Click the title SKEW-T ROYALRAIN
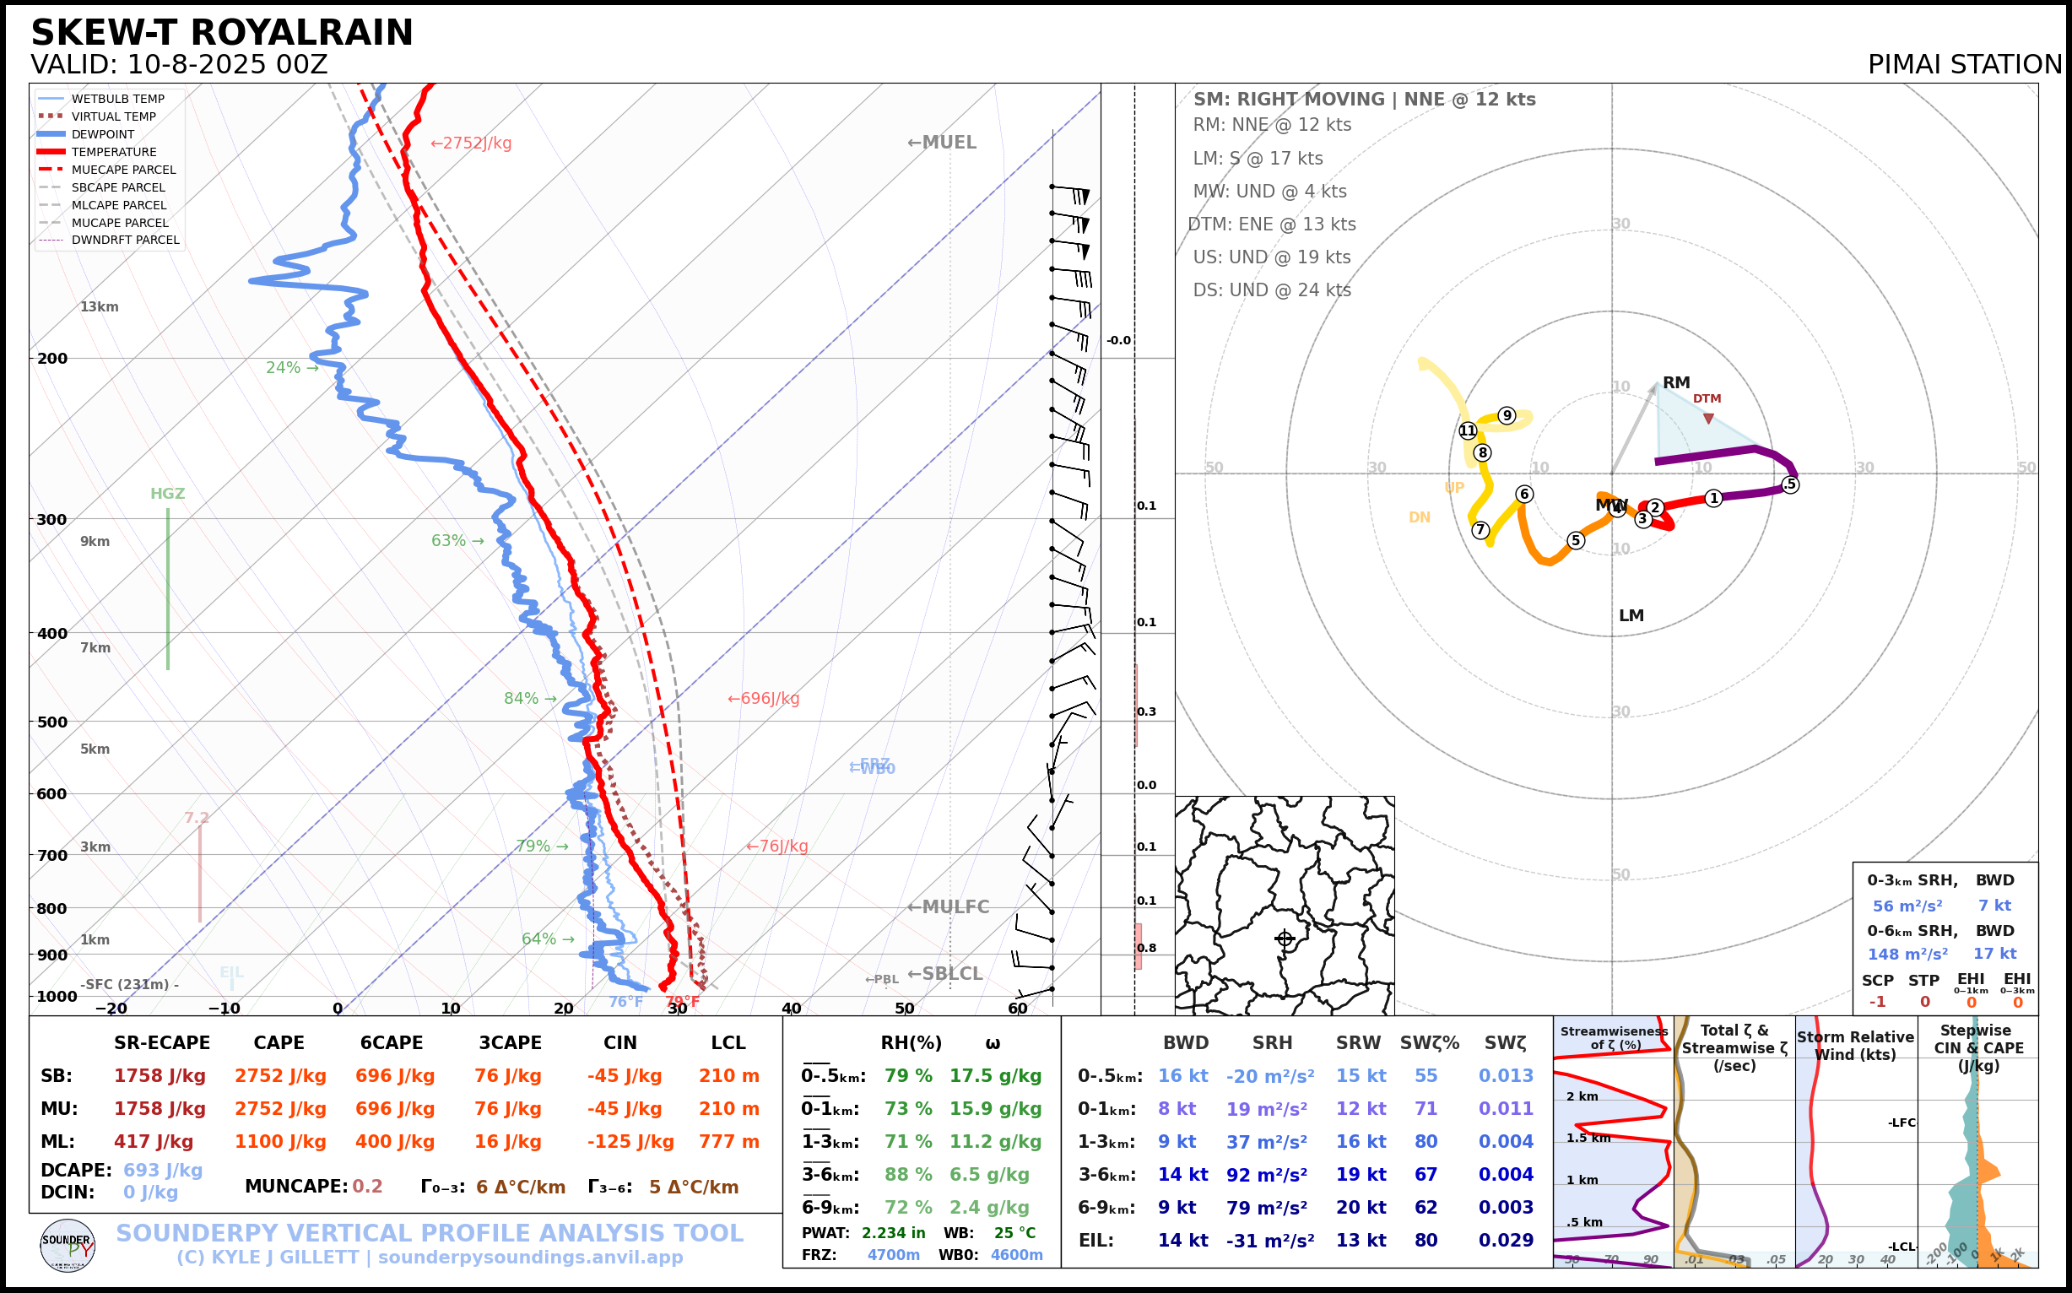pyautogui.click(x=221, y=34)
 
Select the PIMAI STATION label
pyautogui.click(x=1964, y=65)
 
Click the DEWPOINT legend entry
pyautogui.click(x=103, y=134)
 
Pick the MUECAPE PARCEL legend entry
pyautogui.click(x=123, y=170)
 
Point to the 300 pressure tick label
pyautogui.click(x=52, y=520)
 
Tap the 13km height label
pyautogui.click(x=100, y=307)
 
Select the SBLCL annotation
pyautogui.click(x=945, y=974)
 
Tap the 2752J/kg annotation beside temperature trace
pyautogui.click(x=471, y=143)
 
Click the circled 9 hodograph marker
pyautogui.click(x=1507, y=415)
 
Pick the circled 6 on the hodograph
pyautogui.click(x=1524, y=495)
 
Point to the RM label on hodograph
pyautogui.click(x=1676, y=383)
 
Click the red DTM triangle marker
pyautogui.click(x=1707, y=418)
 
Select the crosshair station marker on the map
pyautogui.click(x=1285, y=939)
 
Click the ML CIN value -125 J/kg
pyautogui.click(x=630, y=1142)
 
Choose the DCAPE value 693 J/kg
pyautogui.click(x=163, y=1170)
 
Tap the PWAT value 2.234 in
pyautogui.click(x=893, y=1233)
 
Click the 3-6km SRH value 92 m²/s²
pyautogui.click(x=1270, y=1175)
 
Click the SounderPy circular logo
pyautogui.click(x=68, y=1245)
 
